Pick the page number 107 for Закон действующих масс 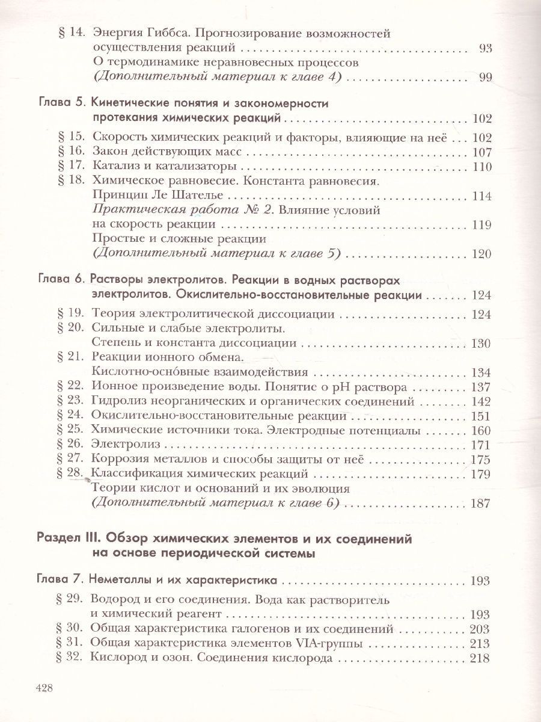pyautogui.click(x=482, y=152)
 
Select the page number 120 pyautogui.click(x=482, y=254)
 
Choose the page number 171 pyautogui.click(x=482, y=446)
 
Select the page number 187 pyautogui.click(x=482, y=504)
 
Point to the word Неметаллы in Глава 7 pyautogui.click(x=120, y=581)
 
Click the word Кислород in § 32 pyautogui.click(x=116, y=658)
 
